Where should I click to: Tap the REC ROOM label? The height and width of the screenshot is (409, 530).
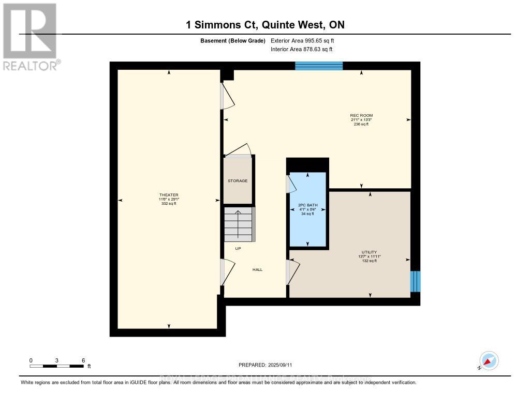361,115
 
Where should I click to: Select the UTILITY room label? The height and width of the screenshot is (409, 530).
369,252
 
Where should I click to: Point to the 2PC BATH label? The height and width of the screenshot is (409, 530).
307,205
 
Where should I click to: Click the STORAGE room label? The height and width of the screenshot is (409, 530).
238,181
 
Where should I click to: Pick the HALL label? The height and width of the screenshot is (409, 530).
257,269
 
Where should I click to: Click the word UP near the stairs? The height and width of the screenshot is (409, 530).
238,249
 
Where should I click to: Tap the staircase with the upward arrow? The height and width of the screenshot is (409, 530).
239,224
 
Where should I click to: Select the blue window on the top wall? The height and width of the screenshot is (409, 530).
319,66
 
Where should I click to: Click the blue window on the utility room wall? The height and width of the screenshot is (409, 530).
415,281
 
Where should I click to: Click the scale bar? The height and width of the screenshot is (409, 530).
57,366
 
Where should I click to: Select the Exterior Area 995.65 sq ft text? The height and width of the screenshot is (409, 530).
306,40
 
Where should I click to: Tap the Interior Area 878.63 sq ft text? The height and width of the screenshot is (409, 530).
301,49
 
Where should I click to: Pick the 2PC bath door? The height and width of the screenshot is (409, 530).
290,183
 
